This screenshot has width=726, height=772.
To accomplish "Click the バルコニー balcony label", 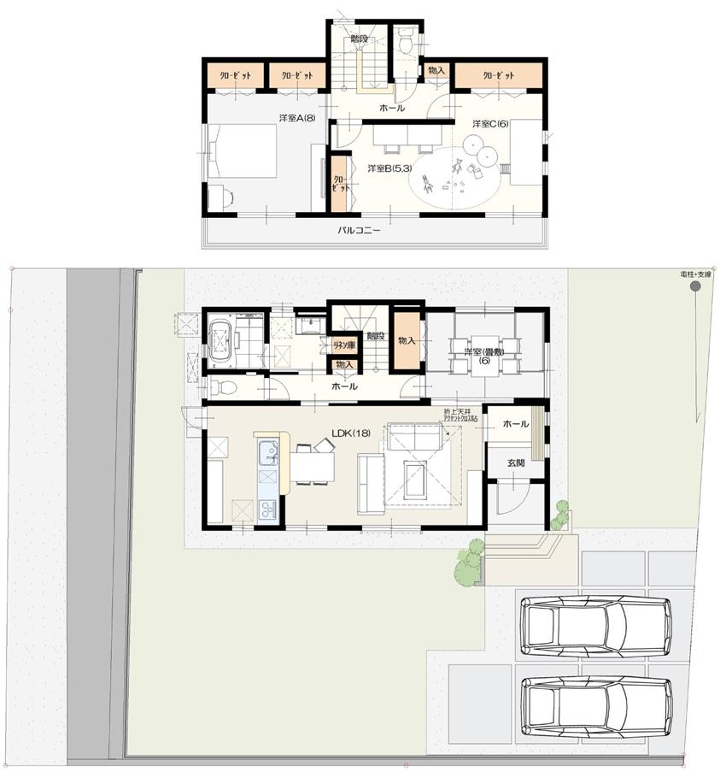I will tap(358, 231).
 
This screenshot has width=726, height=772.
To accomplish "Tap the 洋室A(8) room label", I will tap(296, 118).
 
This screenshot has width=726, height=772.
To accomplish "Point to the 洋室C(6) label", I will tap(491, 123).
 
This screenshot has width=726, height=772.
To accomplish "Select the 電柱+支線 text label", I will tap(695, 274).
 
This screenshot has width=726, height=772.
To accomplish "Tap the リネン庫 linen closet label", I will tap(344, 345).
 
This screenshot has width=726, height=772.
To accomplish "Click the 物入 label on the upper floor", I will tap(436, 70).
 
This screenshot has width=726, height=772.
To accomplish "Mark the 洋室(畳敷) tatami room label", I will tap(483, 356).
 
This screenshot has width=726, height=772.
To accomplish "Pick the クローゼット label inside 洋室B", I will tap(340, 183).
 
